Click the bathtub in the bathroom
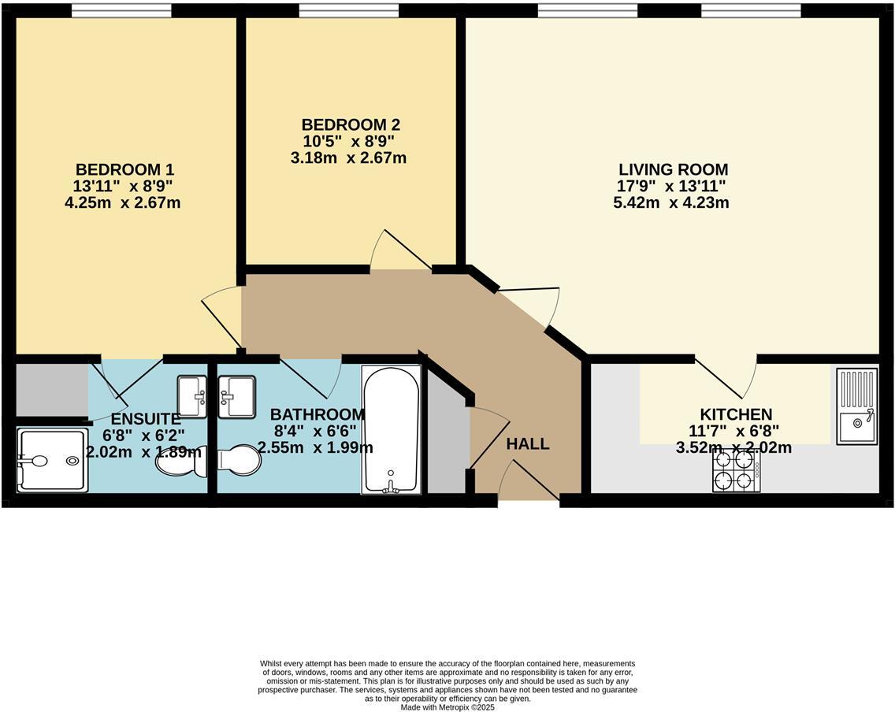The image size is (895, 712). pyautogui.click(x=392, y=430)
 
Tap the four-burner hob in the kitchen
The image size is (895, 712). pyautogui.click(x=736, y=471)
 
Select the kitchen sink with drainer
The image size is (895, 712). pyautogui.click(x=857, y=406)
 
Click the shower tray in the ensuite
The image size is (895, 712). pyautogui.click(x=52, y=461)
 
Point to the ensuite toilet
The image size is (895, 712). pyautogui.click(x=180, y=461)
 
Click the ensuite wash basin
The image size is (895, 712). pyautogui.click(x=191, y=397)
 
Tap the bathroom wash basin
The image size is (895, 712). pyautogui.click(x=236, y=397)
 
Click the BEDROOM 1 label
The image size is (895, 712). pyautogui.click(x=124, y=169)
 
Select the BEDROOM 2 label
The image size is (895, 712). pyautogui.click(x=351, y=124)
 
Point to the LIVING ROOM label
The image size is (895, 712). pyautogui.click(x=673, y=169)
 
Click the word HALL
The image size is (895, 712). pyautogui.click(x=527, y=444)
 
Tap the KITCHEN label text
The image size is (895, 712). pyautogui.click(x=736, y=414)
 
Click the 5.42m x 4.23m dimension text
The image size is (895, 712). pyautogui.click(x=670, y=202)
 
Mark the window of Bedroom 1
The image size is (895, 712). pyautogui.click(x=121, y=10)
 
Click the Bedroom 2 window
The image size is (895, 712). pyautogui.click(x=348, y=10)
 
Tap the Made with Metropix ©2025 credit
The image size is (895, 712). pyautogui.click(x=447, y=707)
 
